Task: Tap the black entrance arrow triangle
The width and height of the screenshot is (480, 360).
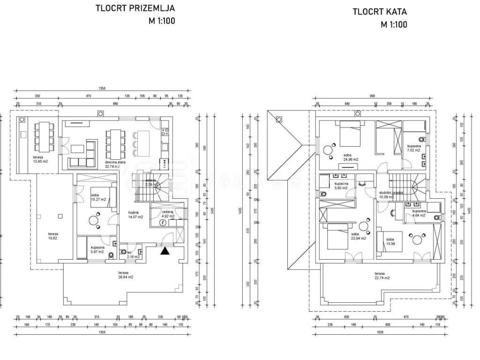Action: point(164,251)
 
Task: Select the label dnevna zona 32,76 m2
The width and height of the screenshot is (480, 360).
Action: point(113,164)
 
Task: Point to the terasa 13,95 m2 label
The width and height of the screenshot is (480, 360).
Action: point(40,159)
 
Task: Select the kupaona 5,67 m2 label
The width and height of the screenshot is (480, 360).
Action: point(98,249)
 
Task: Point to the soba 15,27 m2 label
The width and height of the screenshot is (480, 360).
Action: point(98,197)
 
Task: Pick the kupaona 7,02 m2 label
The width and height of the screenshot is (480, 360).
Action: point(413,149)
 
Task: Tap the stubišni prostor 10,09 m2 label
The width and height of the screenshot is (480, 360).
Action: point(391,195)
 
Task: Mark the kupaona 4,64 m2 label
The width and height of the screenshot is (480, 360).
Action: point(419,214)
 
